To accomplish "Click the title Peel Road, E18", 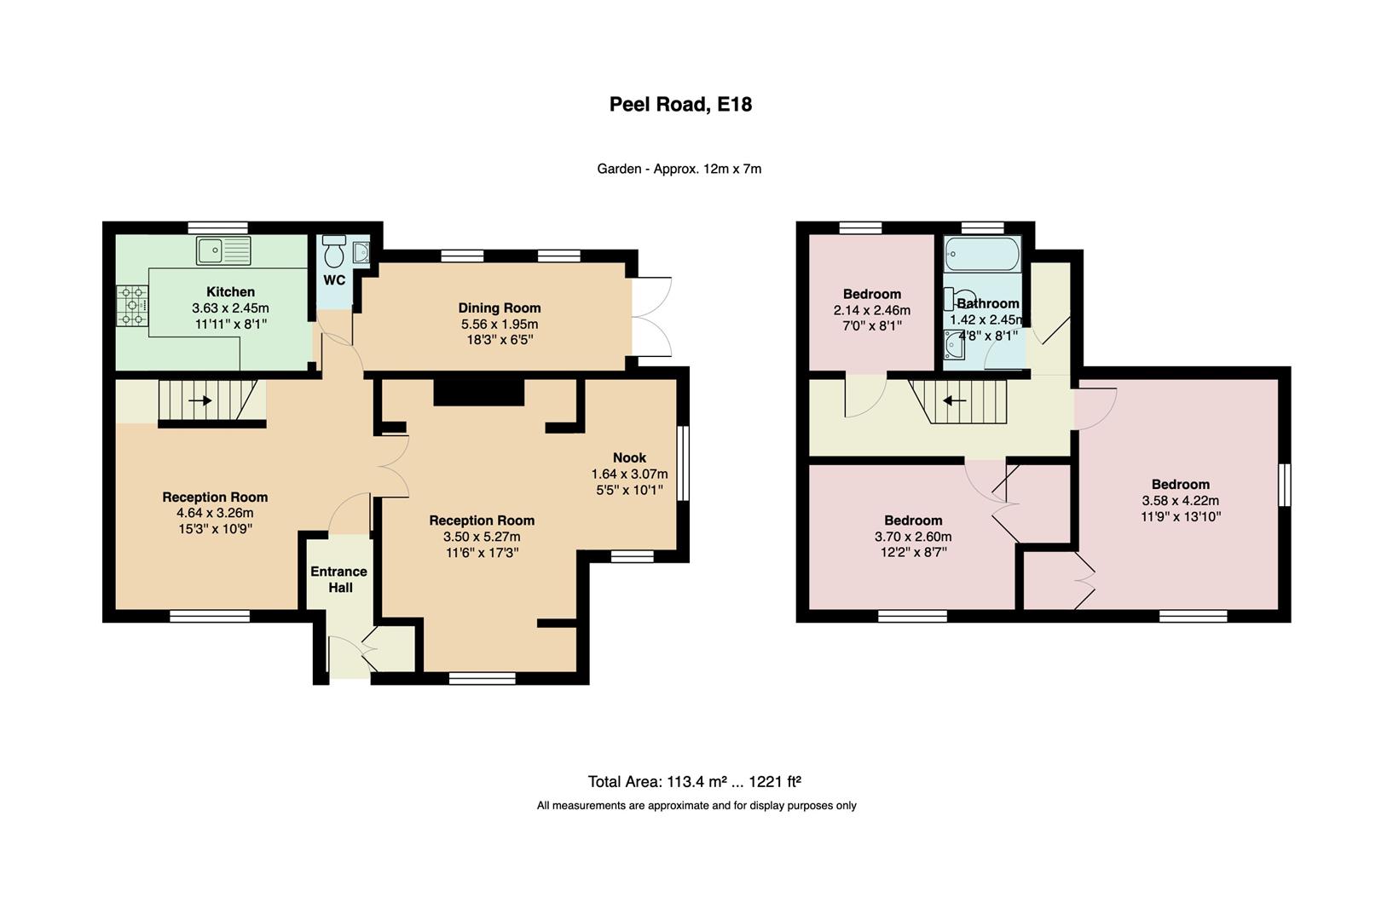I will pos(679,105).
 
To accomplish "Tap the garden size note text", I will pos(679,169).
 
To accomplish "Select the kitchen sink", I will pos(223,250).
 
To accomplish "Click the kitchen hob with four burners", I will pos(132,305).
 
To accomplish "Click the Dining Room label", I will pos(499,308).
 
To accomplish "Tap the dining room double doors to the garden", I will pos(652,317).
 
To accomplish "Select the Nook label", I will pos(629,458).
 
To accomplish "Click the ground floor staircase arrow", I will pos(200,400).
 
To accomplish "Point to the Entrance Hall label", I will pos(338,579).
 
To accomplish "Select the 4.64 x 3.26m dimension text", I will pos(215,513).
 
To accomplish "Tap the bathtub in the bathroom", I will pos(982,253).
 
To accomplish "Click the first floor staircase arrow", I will pos(954,400).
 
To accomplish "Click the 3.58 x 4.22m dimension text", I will pos(1180,501).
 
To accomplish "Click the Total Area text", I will pos(694,781).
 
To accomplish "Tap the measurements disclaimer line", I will pos(696,805).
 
